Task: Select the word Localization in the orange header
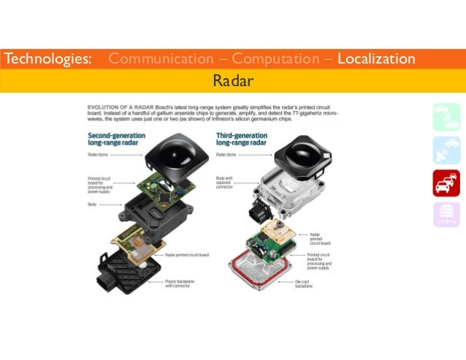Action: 376,58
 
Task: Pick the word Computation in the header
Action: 273,58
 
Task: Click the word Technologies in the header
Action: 47,58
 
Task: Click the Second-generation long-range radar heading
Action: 119,139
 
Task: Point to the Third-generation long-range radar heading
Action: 246,139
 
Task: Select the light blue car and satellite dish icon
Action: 446,149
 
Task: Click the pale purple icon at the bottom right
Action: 446,214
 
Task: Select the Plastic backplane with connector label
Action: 180,282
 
